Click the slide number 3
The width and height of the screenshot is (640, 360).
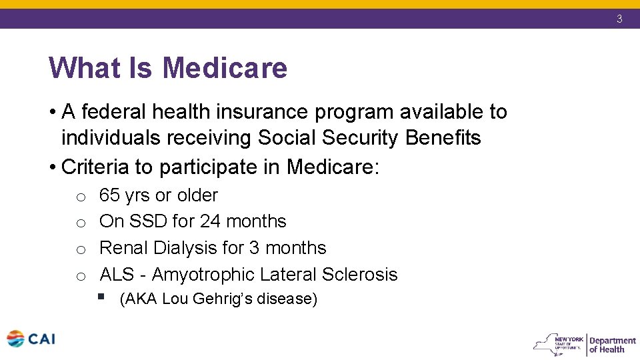click(x=619, y=19)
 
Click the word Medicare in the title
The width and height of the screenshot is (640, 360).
click(x=225, y=68)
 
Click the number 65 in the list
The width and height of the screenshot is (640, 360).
click(x=109, y=195)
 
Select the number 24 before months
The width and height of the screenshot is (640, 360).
click(x=211, y=221)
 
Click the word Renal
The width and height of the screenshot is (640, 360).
click(x=123, y=248)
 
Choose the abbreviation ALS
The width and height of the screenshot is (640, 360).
click(x=117, y=275)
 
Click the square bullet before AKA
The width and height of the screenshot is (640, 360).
click(x=101, y=297)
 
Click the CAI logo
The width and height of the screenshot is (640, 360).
click(x=31, y=339)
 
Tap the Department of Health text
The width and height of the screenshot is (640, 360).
click(x=612, y=345)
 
